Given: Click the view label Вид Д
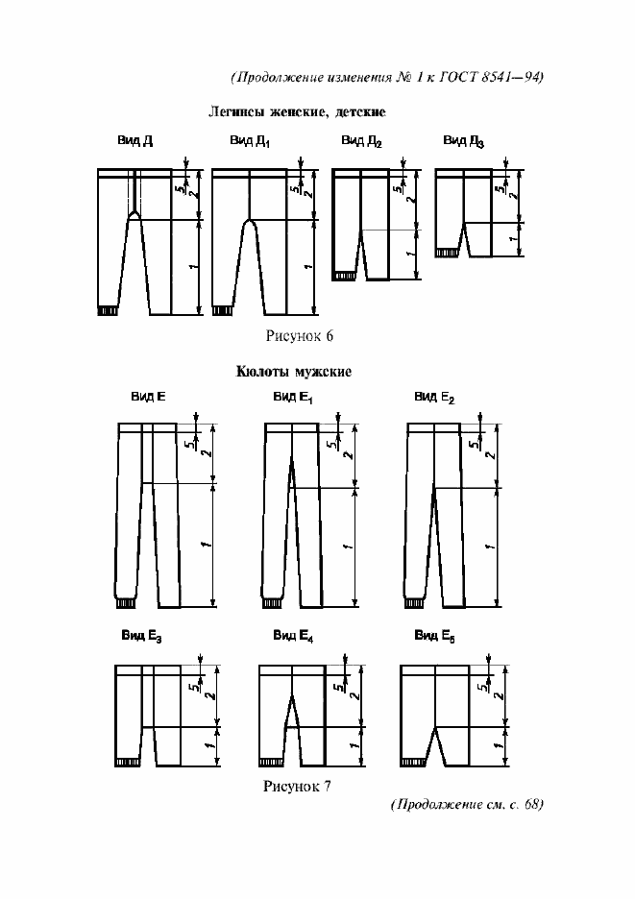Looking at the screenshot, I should click(135, 141).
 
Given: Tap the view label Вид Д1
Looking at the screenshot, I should click(250, 142).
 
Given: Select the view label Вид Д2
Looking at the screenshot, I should click(361, 142).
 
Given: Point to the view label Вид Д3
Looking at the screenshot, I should click(463, 142).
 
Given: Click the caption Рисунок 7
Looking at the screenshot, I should click(297, 787).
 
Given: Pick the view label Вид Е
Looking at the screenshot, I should click(148, 396).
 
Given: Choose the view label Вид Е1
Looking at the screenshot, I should click(293, 397).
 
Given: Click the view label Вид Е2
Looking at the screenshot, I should click(434, 397).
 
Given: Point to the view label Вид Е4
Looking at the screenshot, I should click(293, 636).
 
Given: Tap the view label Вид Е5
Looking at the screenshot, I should click(434, 636).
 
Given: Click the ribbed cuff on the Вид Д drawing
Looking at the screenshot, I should click(108, 310).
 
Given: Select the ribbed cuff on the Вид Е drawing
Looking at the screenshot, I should click(124, 603).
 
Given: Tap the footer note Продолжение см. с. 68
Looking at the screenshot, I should click(467, 804).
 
